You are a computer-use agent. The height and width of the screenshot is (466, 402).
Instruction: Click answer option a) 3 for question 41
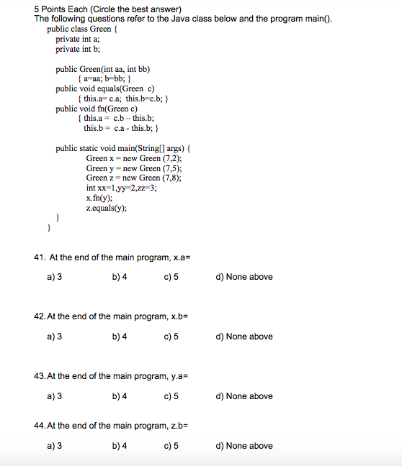pyautogui.click(x=54, y=277)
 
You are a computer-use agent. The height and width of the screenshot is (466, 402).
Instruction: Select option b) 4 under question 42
pyautogui.click(x=120, y=337)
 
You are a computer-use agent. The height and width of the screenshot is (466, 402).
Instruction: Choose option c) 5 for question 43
pyautogui.click(x=171, y=396)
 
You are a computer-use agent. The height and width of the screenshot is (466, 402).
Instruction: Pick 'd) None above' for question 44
pyautogui.click(x=244, y=446)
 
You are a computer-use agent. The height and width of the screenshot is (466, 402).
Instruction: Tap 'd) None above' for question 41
pyautogui.click(x=244, y=277)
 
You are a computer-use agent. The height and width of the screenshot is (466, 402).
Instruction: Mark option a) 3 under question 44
pyautogui.click(x=54, y=446)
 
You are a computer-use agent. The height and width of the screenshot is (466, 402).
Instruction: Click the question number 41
pyautogui.click(x=40, y=257)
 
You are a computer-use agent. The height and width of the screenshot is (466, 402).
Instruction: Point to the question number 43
pyautogui.click(x=40, y=376)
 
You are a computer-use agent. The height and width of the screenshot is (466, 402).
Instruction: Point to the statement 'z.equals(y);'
pyautogui.click(x=107, y=208)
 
